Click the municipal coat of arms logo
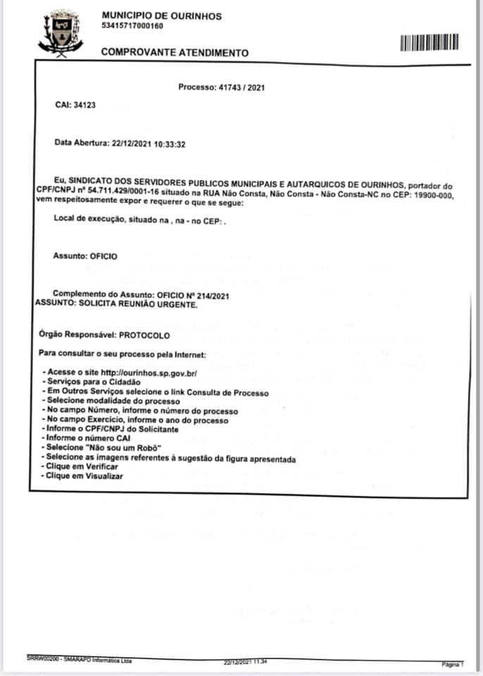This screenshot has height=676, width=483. [x=60, y=32]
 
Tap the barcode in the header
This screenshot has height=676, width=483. [x=429, y=43]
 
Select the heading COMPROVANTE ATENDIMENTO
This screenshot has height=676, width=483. [x=175, y=53]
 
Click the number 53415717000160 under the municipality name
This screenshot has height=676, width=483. [x=132, y=26]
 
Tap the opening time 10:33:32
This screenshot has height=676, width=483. [x=170, y=143]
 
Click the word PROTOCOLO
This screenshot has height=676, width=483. [x=144, y=337]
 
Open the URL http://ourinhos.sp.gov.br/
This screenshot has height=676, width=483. [x=149, y=372]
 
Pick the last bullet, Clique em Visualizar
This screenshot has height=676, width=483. [x=82, y=477]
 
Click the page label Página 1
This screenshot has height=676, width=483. [x=452, y=663]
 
